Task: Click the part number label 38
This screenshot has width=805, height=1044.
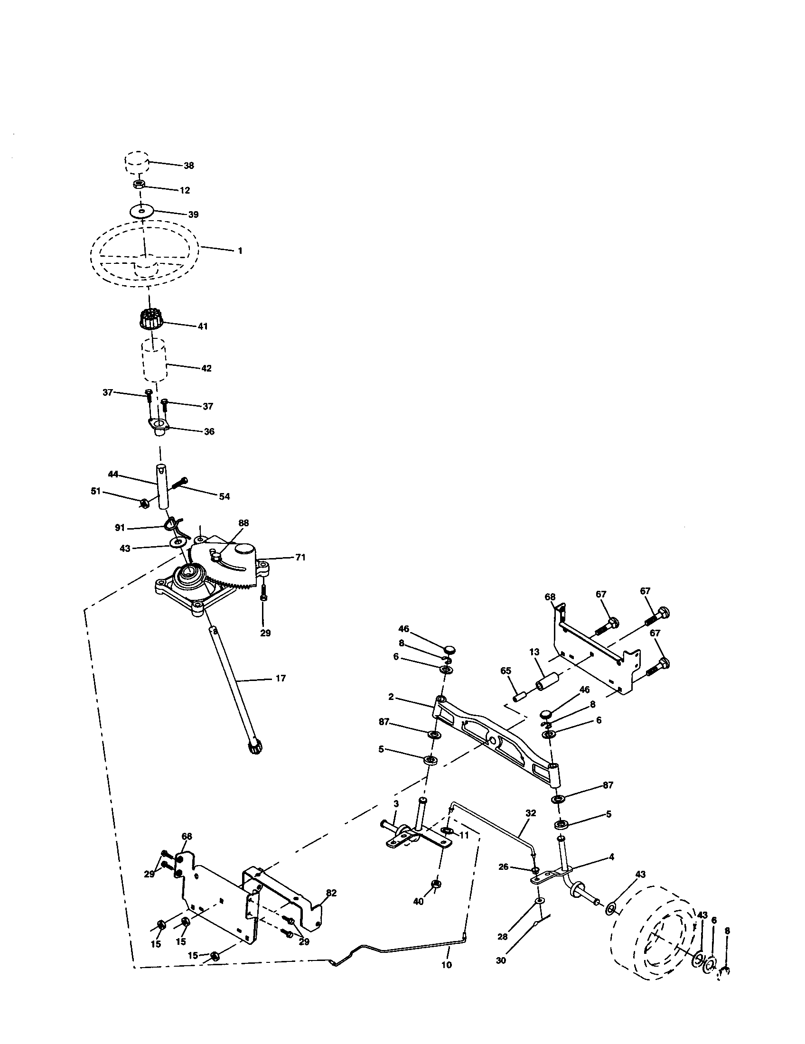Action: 189,166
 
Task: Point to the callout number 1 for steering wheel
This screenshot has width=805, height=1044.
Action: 240,251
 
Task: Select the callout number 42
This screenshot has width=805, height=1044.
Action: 206,368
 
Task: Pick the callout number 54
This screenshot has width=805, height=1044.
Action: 224,497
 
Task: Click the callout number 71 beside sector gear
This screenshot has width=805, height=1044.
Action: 300,558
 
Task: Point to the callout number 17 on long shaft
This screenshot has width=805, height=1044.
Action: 281,678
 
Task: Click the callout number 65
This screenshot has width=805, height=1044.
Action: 506,671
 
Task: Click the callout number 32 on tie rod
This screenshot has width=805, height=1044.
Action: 531,812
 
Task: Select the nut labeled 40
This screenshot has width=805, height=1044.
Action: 436,884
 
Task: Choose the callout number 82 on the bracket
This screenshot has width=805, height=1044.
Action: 331,893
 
